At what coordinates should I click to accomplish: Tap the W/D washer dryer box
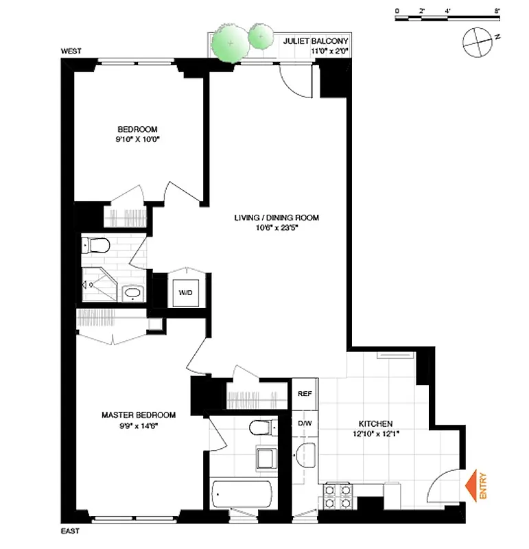(185, 292)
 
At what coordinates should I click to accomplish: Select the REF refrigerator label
(305, 395)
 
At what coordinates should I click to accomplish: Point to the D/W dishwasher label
(305, 423)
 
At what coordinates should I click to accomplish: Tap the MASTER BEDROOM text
(138, 414)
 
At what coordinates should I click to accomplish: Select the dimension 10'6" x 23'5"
(277, 229)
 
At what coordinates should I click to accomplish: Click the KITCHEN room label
(375, 423)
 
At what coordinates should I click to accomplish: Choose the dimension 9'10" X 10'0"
(138, 139)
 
